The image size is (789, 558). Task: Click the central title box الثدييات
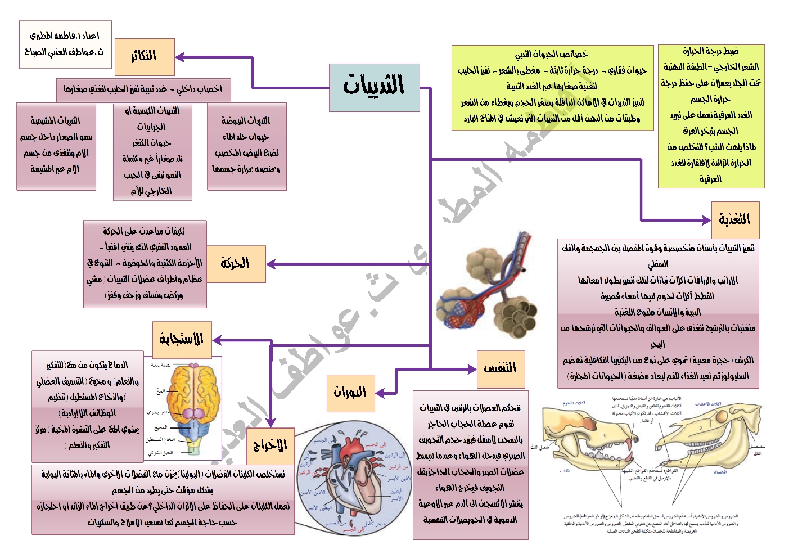374,87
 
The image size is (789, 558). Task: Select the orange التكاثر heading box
145,57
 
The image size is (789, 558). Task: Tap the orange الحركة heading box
236,263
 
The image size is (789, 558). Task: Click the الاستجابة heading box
182,339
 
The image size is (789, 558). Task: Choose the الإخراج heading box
270,445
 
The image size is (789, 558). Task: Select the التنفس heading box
500,369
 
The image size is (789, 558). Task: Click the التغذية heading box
734,220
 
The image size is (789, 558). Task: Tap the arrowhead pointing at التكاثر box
180,57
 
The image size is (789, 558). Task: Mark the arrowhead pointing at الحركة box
270,264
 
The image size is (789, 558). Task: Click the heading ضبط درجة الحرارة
711,51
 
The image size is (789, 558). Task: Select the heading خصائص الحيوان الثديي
552,55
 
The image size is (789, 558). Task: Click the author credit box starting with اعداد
65,44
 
